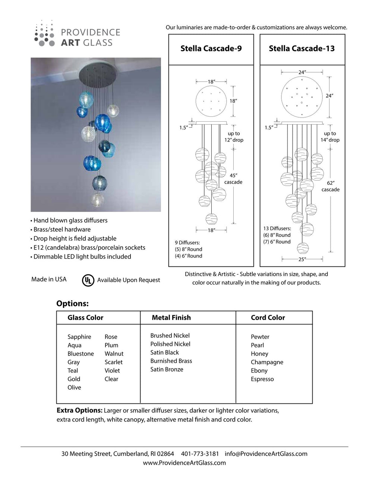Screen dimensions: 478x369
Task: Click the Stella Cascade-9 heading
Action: (x=211, y=49)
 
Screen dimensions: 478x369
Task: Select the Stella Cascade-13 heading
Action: (x=302, y=49)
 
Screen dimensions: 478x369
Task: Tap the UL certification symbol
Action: (x=88, y=280)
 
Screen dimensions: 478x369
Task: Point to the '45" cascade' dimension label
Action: (x=233, y=179)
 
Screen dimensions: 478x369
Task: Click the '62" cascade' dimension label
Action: (x=330, y=186)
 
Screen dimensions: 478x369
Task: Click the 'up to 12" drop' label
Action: (x=234, y=137)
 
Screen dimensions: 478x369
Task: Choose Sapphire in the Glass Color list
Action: (x=79, y=337)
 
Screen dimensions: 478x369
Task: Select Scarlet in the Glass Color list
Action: (x=113, y=362)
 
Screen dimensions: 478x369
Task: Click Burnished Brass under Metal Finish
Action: (x=171, y=361)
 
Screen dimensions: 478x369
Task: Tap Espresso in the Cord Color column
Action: (x=262, y=379)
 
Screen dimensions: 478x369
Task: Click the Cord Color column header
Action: (x=268, y=318)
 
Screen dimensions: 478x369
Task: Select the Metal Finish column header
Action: (x=171, y=318)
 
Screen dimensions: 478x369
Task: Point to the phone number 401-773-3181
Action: (x=200, y=454)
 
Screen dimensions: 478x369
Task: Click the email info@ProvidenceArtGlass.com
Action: (x=266, y=454)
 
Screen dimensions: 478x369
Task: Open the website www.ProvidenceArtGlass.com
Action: (x=184, y=463)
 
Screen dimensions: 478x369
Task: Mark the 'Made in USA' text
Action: (x=49, y=279)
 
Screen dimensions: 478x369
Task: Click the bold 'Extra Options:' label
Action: (x=79, y=410)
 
